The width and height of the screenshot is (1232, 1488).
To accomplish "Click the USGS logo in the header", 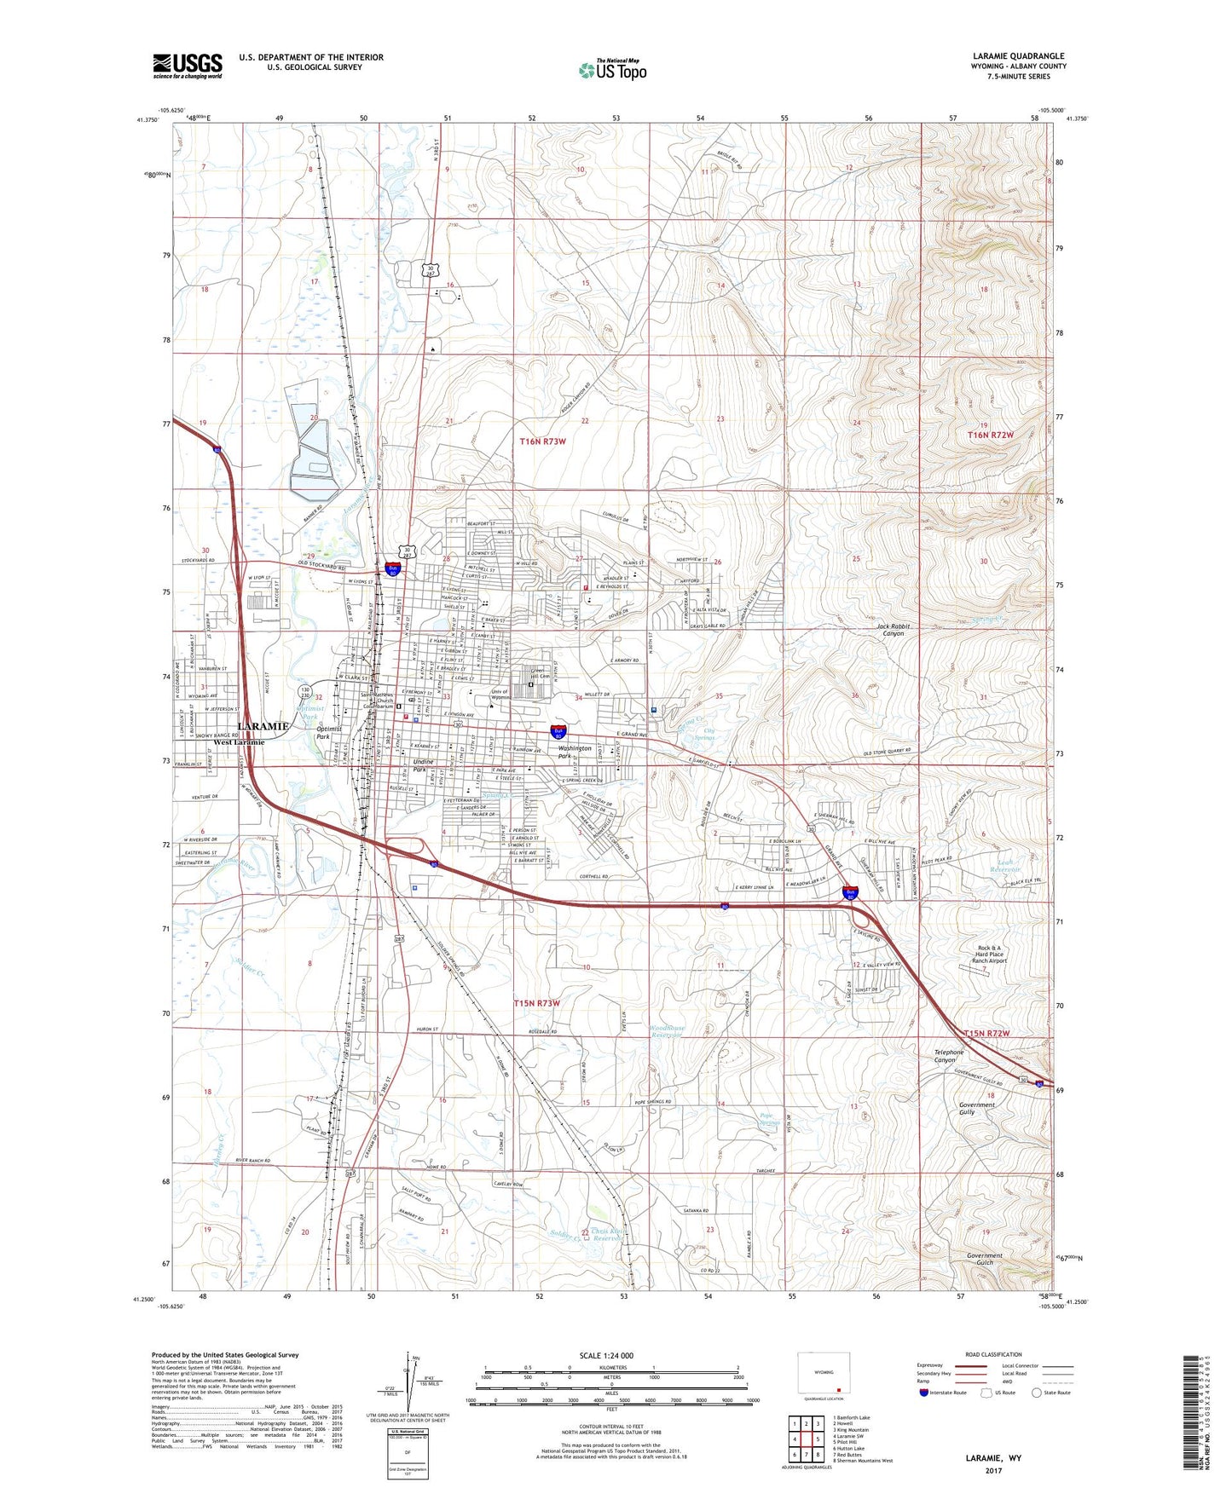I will (188, 65).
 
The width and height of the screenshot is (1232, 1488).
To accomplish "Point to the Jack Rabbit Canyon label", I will (894, 630).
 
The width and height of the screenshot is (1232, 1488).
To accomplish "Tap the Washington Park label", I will (575, 752).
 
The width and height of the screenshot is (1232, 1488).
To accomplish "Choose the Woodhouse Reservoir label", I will (667, 1032).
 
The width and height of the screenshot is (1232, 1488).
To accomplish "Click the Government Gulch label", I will (984, 1259).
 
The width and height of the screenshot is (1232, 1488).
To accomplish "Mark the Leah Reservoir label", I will (1010, 866).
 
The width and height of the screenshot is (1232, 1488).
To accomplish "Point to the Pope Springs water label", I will (770, 1119).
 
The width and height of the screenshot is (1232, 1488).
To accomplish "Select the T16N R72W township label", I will (990, 435).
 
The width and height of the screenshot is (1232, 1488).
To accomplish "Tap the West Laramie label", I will (239, 741).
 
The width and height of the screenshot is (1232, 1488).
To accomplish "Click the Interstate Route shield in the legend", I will (924, 1393).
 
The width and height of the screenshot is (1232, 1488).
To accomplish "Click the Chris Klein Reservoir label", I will (609, 1235).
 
